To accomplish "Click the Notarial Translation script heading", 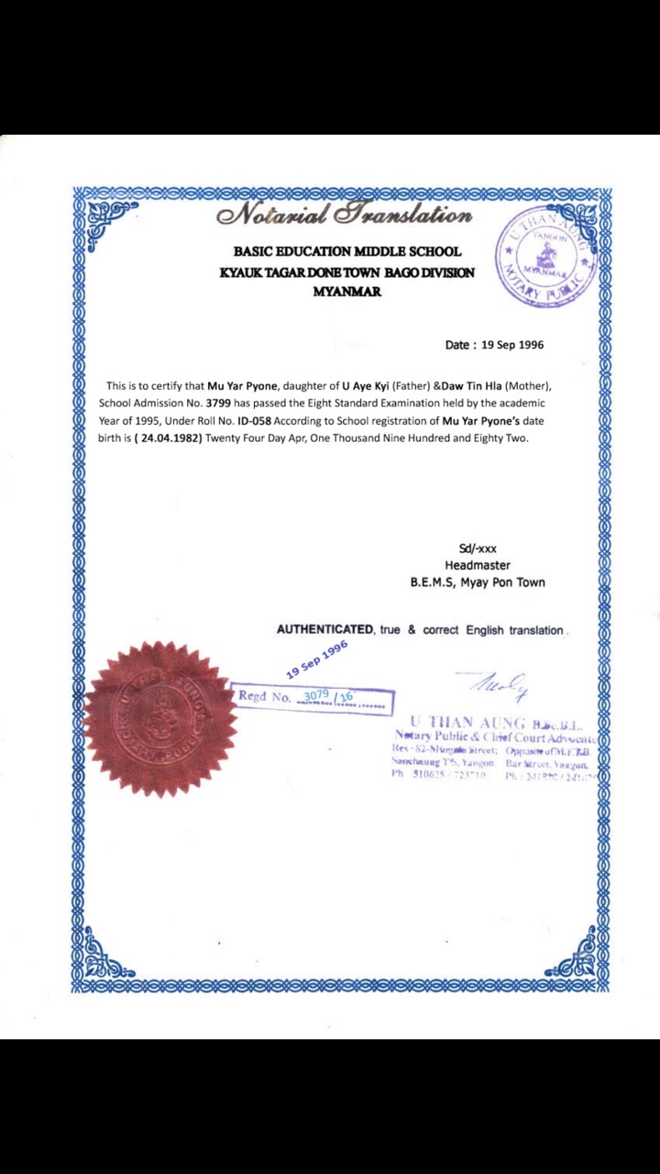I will tap(345, 216).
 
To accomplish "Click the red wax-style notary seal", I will tap(159, 718).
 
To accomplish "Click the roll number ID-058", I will tap(254, 420).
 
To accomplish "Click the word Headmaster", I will tap(478, 565).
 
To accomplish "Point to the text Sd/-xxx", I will tap(478, 548).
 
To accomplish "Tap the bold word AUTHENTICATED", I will tap(324, 630).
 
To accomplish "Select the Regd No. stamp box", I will tap(313, 697).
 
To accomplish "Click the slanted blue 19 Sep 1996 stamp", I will tap(317, 659).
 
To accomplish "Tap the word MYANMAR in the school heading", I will tap(346, 292).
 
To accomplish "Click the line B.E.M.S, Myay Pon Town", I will tap(478, 581).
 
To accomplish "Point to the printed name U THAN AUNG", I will tap(467, 723).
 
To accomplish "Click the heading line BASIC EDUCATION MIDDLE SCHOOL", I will tap(347, 251).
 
